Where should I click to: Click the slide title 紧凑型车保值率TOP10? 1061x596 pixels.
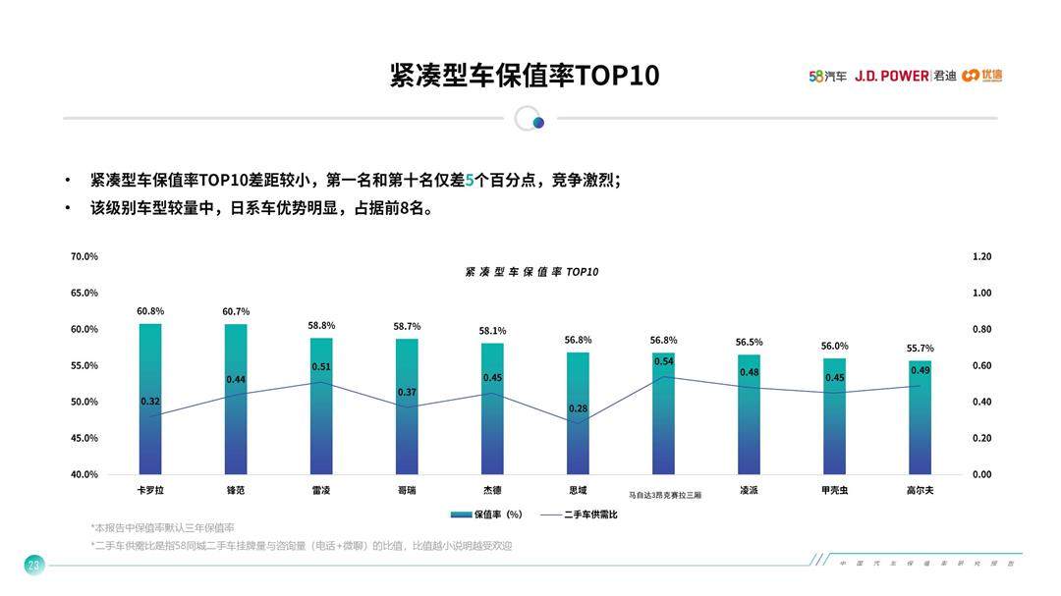click(x=524, y=76)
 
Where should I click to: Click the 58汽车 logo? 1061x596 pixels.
click(x=827, y=76)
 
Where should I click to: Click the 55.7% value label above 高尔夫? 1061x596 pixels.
click(x=920, y=349)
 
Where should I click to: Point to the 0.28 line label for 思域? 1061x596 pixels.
click(x=578, y=407)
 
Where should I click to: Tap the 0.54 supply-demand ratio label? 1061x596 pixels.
click(x=663, y=361)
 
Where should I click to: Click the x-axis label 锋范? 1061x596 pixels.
click(x=236, y=489)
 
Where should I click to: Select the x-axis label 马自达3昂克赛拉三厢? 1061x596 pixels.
click(x=665, y=495)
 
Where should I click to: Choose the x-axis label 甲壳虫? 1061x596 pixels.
click(x=835, y=489)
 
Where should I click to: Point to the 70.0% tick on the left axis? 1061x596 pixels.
click(x=84, y=256)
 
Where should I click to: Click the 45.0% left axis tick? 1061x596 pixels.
click(x=84, y=438)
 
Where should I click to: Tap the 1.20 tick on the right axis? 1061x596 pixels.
click(x=981, y=256)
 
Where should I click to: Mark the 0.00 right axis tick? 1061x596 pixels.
click(x=981, y=474)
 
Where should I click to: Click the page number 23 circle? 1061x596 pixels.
click(x=34, y=565)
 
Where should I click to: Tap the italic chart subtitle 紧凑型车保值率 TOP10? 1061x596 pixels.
click(x=531, y=272)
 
